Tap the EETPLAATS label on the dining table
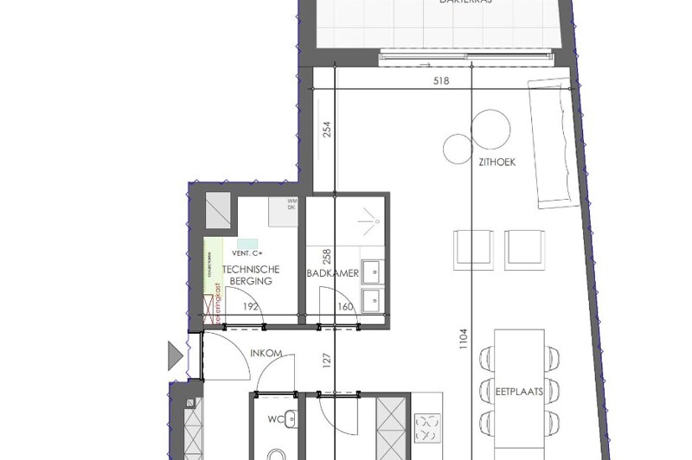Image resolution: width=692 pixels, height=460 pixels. [x=519, y=391]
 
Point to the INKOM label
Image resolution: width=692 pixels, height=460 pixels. [x=266, y=354]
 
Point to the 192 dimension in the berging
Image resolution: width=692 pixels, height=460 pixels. [x=250, y=305]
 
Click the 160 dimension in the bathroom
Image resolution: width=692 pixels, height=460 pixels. [x=345, y=305]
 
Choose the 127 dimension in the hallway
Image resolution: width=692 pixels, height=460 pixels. [x=326, y=359]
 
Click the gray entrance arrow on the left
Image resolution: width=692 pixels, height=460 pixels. [x=176, y=355]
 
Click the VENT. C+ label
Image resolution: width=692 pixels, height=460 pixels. [x=247, y=253]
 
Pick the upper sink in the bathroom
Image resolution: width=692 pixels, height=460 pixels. [x=374, y=271]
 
